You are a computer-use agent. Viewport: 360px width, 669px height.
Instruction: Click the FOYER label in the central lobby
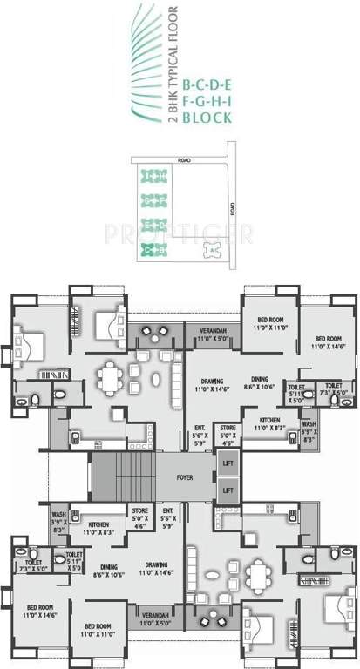(186, 477)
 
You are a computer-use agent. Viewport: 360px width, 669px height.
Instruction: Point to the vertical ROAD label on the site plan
(232, 210)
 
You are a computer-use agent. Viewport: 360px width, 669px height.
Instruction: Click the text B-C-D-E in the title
(206, 85)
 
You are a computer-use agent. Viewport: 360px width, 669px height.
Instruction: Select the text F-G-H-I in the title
(206, 100)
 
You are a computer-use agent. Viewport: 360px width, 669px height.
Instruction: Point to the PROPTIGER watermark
(180, 234)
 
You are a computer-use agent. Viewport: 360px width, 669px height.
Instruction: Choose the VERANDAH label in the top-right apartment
(213, 334)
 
